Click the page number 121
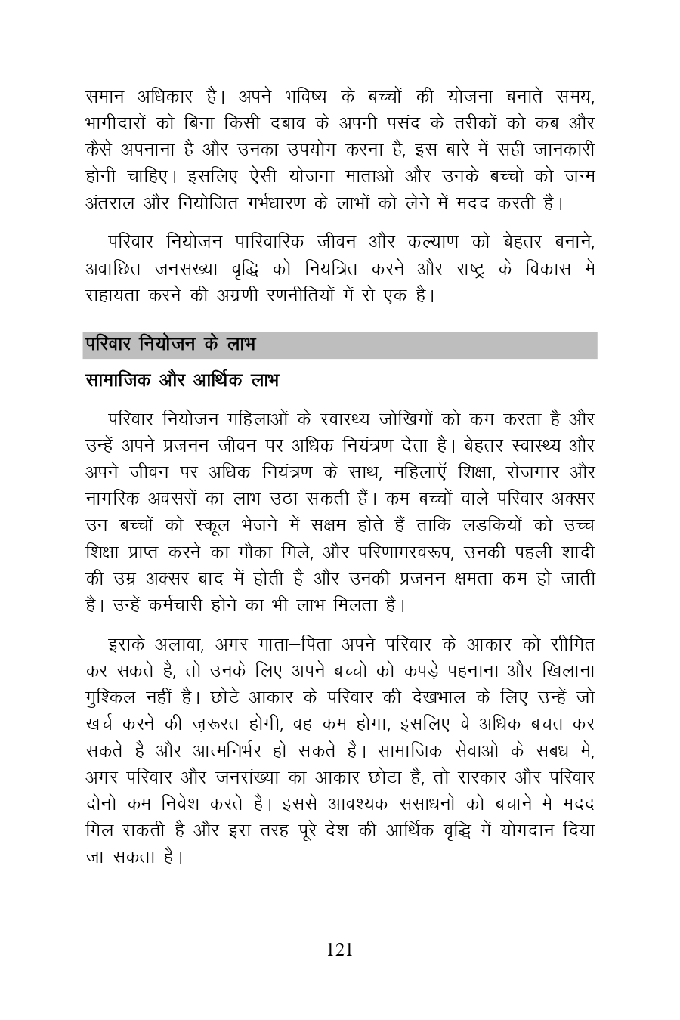pyautogui.click(x=339, y=950)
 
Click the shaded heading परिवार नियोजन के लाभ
pyautogui.click(x=170, y=345)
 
